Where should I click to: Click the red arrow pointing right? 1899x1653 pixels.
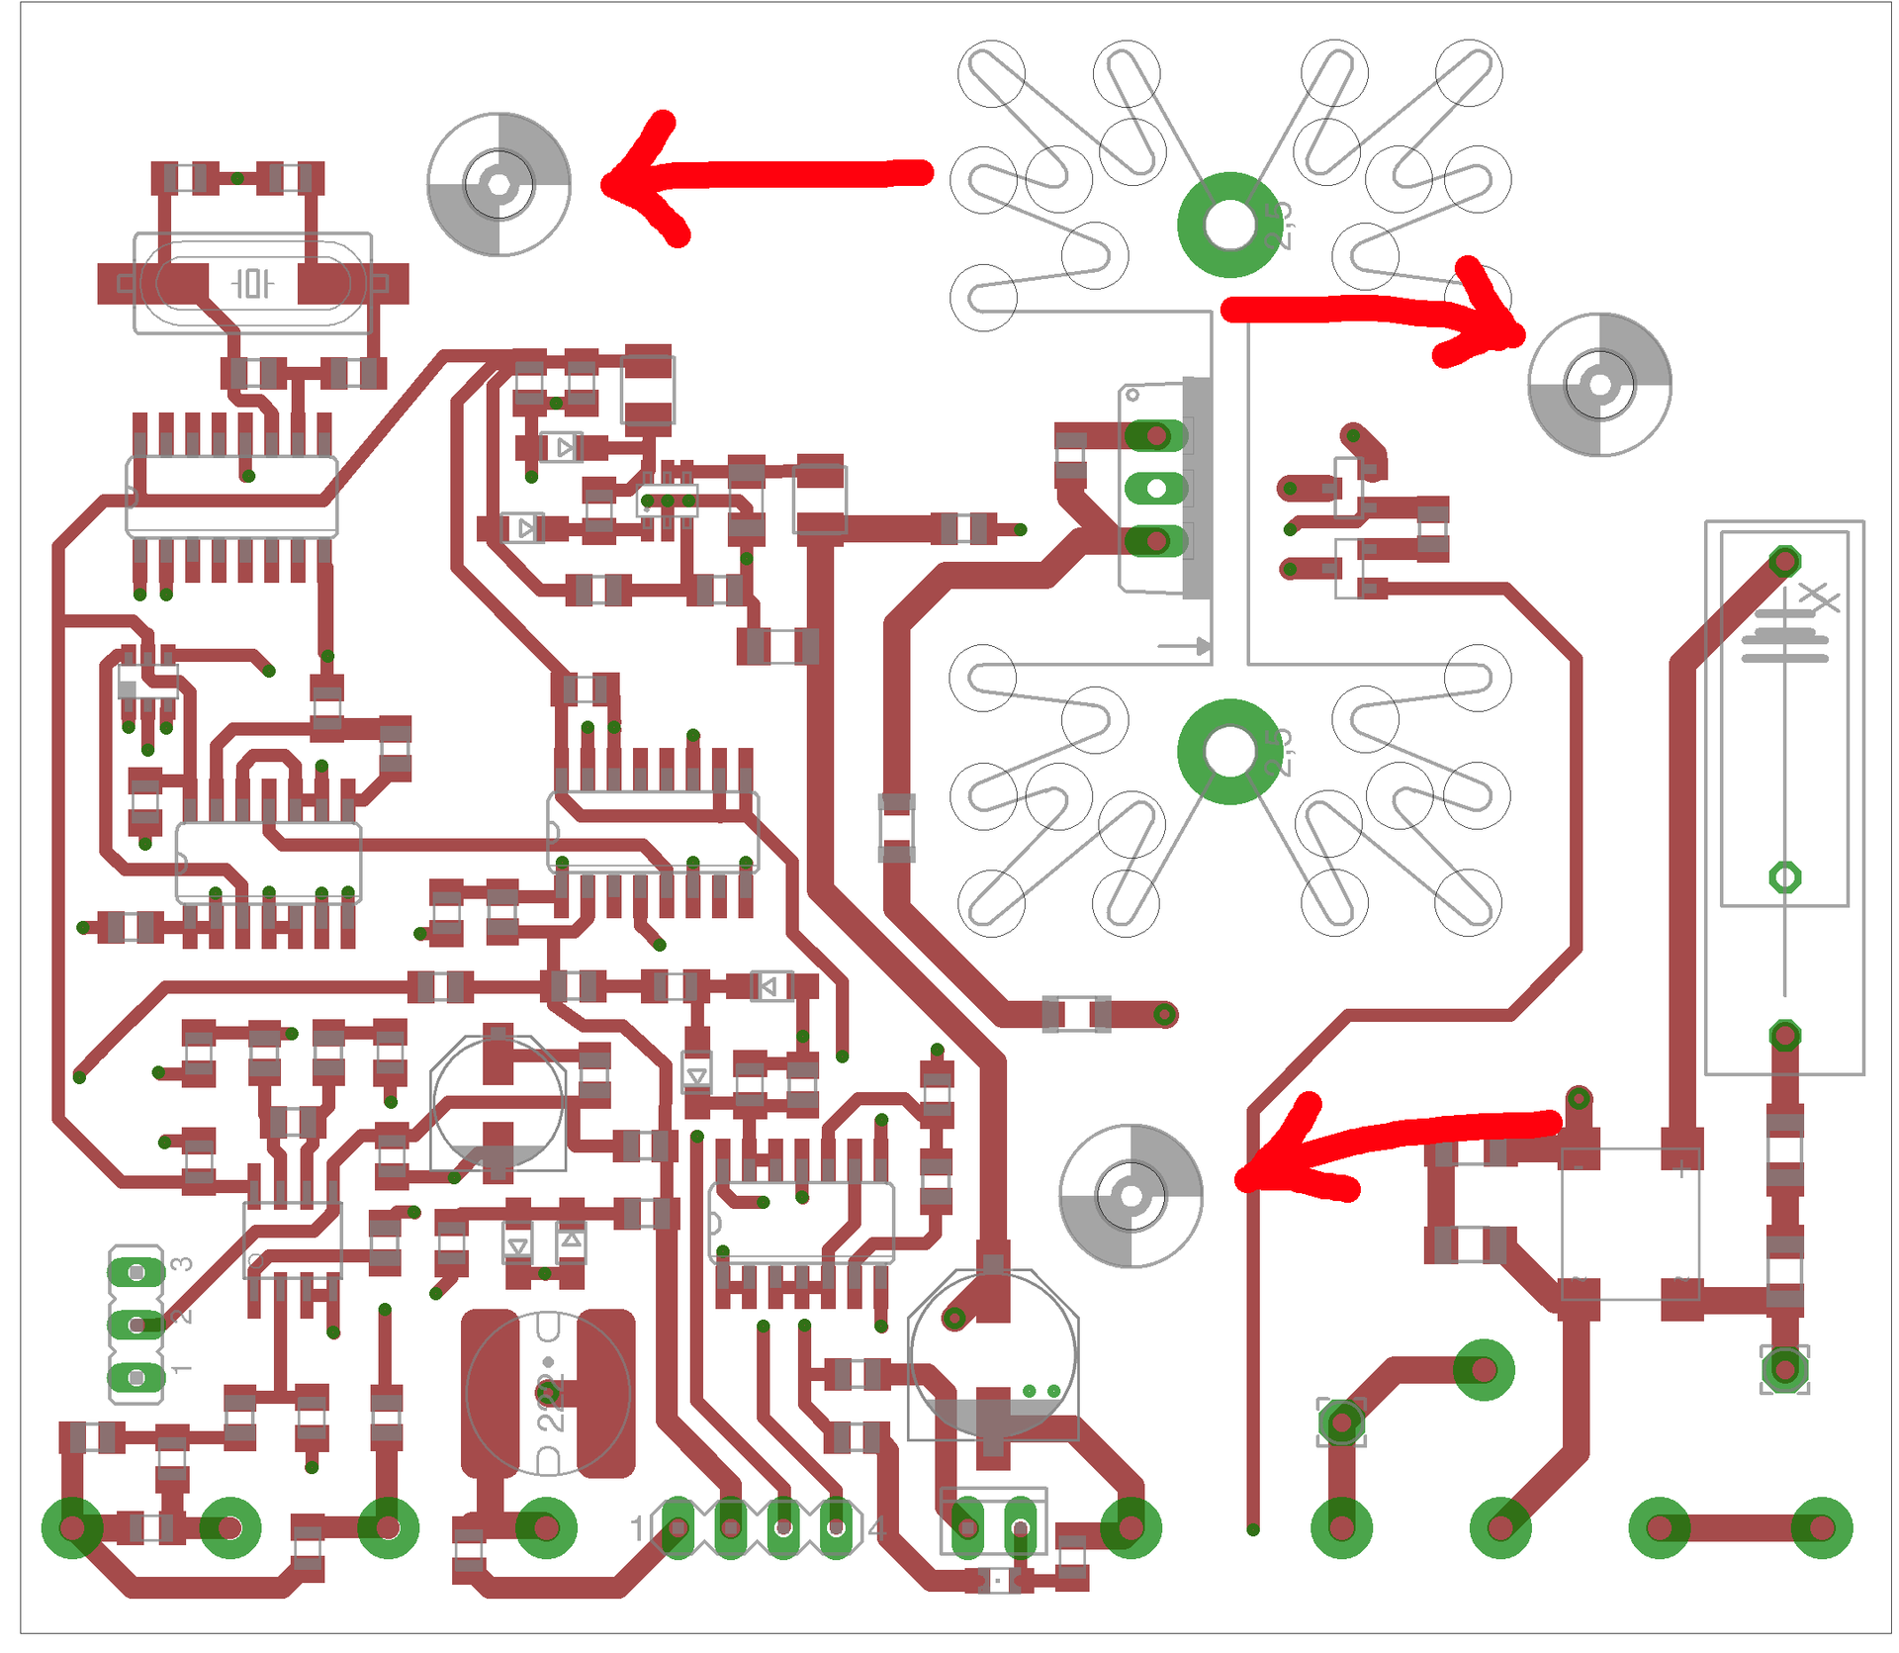click(x=1375, y=312)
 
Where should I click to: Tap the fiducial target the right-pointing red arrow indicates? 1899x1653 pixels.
click(x=1598, y=384)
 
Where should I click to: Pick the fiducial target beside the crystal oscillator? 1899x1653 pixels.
click(x=498, y=184)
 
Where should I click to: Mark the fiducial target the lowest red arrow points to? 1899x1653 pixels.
click(x=1130, y=1195)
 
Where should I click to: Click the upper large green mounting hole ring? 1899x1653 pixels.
click(x=1229, y=225)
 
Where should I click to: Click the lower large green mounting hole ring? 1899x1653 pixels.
click(x=1229, y=751)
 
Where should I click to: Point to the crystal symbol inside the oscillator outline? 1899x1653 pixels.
click(x=251, y=284)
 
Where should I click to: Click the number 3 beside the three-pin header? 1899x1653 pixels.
click(x=182, y=1263)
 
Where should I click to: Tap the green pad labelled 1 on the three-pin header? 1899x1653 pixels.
click(x=136, y=1376)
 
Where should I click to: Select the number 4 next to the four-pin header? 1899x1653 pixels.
click(x=875, y=1528)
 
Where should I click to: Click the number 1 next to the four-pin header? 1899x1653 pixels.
click(x=638, y=1528)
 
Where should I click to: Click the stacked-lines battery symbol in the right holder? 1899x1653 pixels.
click(x=1784, y=635)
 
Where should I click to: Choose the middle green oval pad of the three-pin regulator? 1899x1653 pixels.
click(x=1154, y=488)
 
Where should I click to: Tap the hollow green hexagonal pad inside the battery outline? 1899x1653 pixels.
click(x=1783, y=876)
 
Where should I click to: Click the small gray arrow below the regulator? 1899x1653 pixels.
click(x=1184, y=646)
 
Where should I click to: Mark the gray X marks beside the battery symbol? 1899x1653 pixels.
click(x=1818, y=597)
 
